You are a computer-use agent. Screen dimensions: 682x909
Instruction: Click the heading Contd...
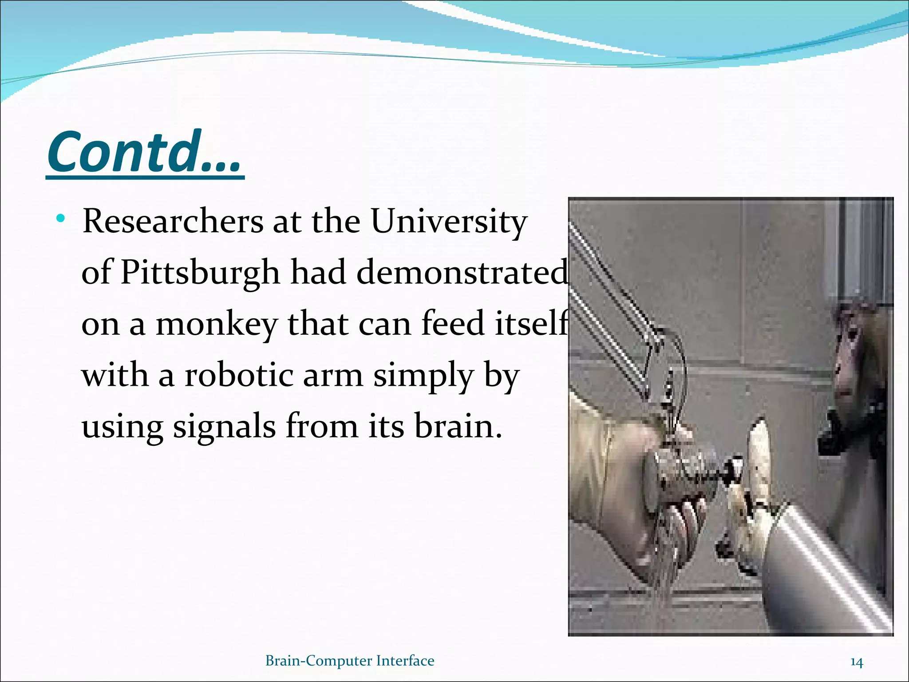pos(144,152)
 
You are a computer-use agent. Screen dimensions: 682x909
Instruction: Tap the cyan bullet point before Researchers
pos(61,219)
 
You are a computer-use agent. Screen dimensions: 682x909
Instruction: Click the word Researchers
pos(173,221)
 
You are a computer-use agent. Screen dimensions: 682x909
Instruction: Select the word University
pos(449,221)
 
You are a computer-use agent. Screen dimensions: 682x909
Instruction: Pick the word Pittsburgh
pos(200,272)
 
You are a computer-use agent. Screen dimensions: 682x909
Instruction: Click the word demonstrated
pos(462,272)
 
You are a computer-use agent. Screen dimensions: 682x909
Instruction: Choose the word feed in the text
pos(452,323)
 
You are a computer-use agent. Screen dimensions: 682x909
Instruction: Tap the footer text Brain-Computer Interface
pos(349,661)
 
